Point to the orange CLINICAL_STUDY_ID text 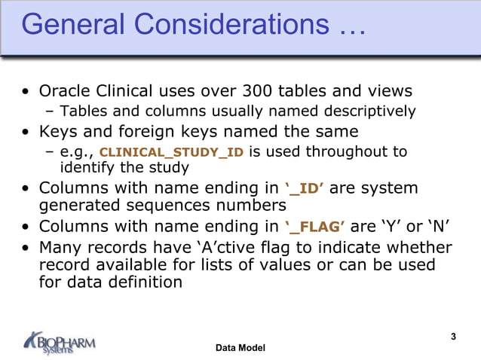[x=172, y=152]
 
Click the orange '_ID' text [x=305, y=188]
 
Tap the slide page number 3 [x=453, y=336]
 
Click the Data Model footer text [x=240, y=348]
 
